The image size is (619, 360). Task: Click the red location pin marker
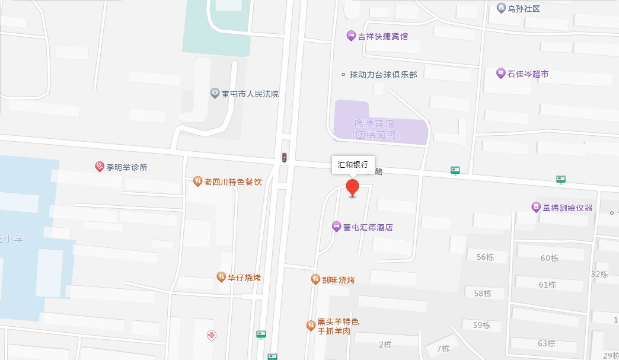click(x=353, y=187)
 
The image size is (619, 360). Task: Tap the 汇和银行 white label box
click(x=353, y=165)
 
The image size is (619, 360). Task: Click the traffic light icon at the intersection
click(x=285, y=158)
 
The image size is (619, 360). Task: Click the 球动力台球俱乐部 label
click(x=383, y=75)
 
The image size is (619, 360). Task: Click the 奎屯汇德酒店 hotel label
click(x=368, y=227)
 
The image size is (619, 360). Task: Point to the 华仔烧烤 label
click(x=244, y=277)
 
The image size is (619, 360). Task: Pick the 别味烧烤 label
click(x=338, y=279)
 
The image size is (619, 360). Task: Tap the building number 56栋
click(x=484, y=257)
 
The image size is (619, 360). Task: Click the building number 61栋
click(x=547, y=285)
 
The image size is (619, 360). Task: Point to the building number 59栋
click(x=481, y=325)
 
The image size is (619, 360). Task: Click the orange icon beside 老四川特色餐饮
click(x=198, y=181)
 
